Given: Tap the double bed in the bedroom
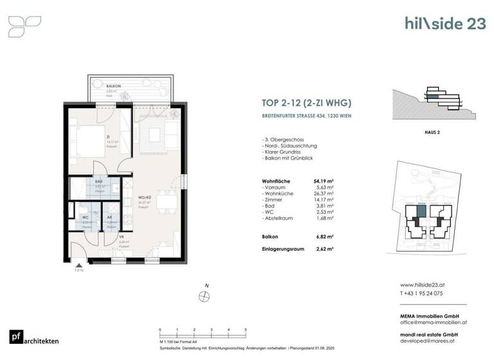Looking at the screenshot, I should (87, 138).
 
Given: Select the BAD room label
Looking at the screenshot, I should (99, 183).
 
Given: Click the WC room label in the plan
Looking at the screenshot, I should (84, 217).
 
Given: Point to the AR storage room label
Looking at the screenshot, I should (111, 217).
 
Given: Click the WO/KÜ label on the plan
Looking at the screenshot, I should (143, 197).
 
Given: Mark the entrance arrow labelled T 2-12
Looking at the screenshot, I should (78, 266).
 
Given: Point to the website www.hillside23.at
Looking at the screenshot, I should (425, 285).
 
